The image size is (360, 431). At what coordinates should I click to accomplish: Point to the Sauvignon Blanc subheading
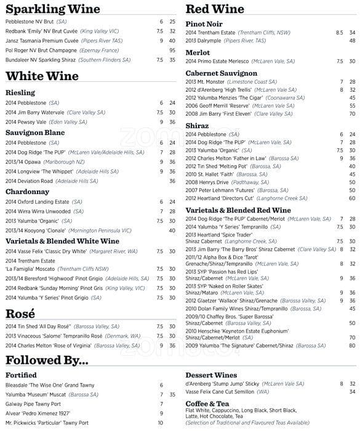35,132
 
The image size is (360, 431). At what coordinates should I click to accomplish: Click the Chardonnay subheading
27,191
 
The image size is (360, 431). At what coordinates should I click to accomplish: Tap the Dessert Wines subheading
211,375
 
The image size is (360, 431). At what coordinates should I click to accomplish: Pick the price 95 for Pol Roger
172,50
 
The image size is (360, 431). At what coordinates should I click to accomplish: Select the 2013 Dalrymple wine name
203,41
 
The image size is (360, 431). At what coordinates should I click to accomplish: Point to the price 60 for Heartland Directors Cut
352,198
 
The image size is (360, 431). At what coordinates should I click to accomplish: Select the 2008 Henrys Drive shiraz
207,182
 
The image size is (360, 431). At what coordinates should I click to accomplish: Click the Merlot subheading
198,52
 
